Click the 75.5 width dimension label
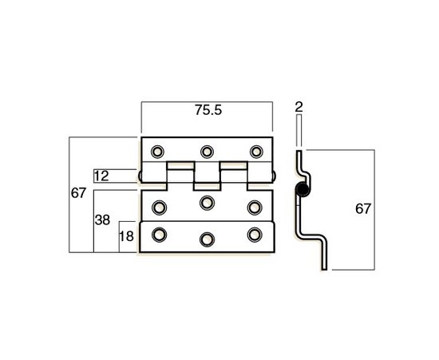pyautogui.click(x=208, y=112)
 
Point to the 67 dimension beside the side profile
pyautogui.click(x=363, y=209)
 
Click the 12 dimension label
pyautogui.click(x=101, y=176)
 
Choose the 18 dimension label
pyautogui.click(x=127, y=236)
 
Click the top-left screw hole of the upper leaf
pyautogui.click(x=158, y=151)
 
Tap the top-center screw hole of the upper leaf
pyautogui.click(x=208, y=151)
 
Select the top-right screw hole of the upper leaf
pyautogui.click(x=256, y=151)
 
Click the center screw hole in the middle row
pyautogui.click(x=208, y=201)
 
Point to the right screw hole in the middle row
pyautogui.click(x=255, y=207)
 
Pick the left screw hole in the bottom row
pyautogui.click(x=158, y=234)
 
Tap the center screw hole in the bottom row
pyautogui.click(x=208, y=239)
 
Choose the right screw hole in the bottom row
pyautogui.click(x=255, y=234)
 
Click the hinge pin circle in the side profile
pyautogui.click(x=302, y=189)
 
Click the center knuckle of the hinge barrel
pyautogui.click(x=207, y=178)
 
